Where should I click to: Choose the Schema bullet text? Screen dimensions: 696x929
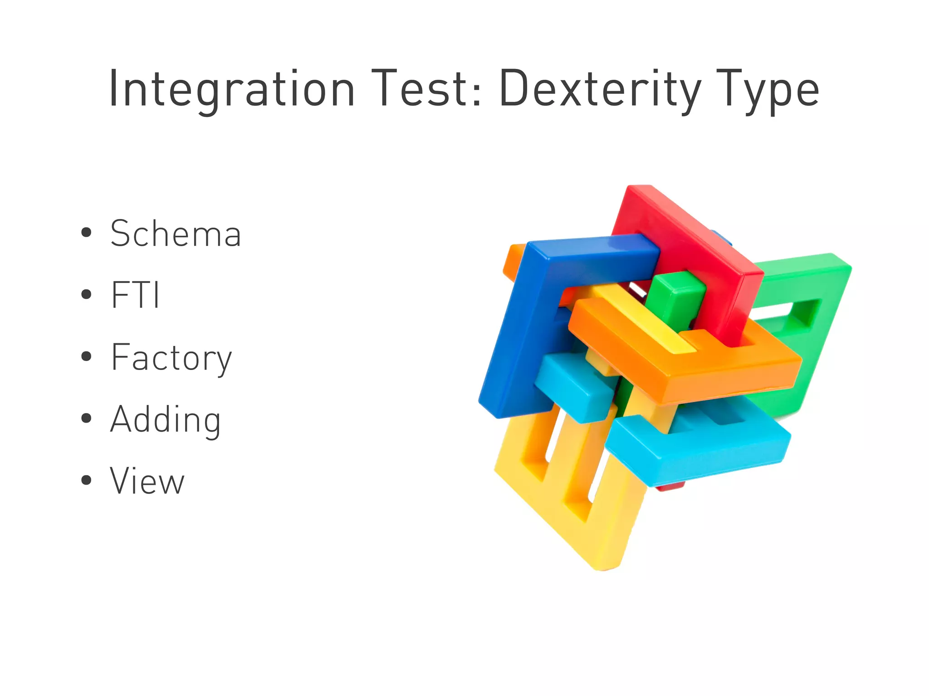tap(176, 234)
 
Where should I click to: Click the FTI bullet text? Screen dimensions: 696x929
tap(135, 295)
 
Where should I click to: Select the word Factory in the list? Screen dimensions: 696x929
tap(171, 358)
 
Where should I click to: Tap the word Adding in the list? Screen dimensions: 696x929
tap(166, 420)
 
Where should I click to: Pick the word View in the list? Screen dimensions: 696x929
tap(147, 481)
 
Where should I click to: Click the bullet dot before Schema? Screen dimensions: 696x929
tap(86, 233)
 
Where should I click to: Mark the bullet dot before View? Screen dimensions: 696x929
tap(86, 480)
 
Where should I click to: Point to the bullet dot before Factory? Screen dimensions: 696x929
tap(86, 356)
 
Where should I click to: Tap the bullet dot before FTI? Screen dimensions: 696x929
tap(86, 295)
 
